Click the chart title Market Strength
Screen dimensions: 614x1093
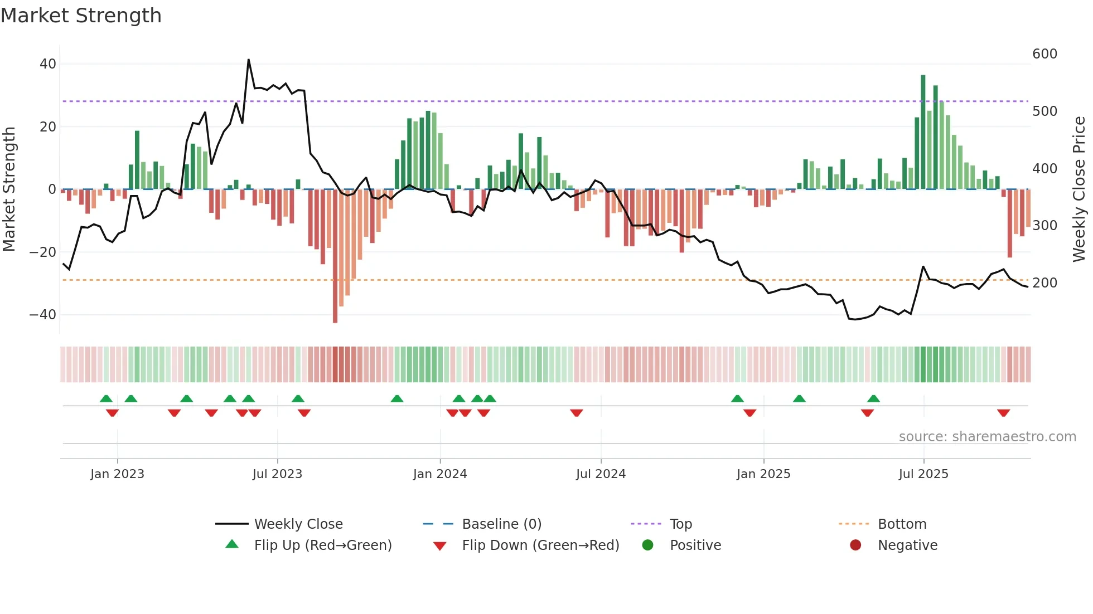81,16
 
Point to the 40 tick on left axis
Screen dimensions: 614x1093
48,64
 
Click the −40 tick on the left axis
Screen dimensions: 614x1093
43,315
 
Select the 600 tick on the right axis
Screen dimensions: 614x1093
1044,54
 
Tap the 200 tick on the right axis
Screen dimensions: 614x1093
1044,283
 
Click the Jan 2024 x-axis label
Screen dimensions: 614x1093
439,474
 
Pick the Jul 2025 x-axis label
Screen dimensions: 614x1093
923,474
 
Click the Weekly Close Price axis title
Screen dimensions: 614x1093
1079,189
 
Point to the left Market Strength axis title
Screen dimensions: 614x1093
9,189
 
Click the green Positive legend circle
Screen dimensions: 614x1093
647,545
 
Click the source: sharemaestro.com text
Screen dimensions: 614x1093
987,437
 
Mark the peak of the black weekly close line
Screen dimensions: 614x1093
248,60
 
